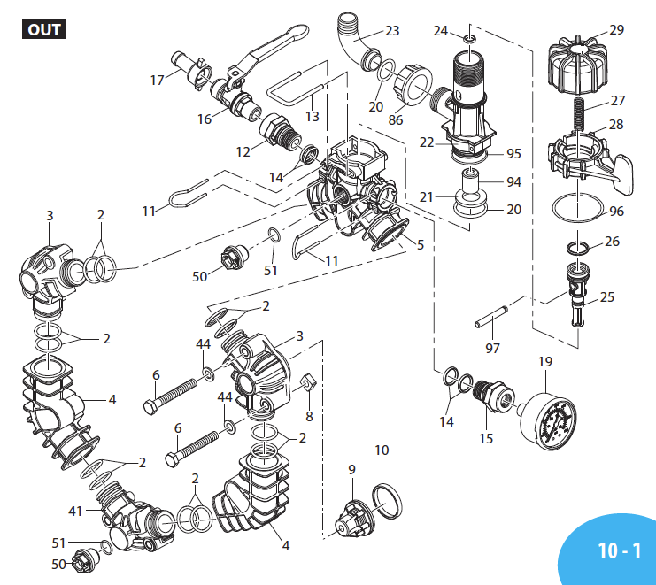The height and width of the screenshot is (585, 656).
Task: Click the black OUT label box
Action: (x=43, y=29)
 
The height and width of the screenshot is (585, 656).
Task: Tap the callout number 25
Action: (x=606, y=297)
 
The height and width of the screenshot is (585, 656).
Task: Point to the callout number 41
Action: (x=75, y=512)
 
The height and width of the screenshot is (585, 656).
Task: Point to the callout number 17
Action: (x=158, y=80)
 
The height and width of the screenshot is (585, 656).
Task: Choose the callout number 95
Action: (x=513, y=153)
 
